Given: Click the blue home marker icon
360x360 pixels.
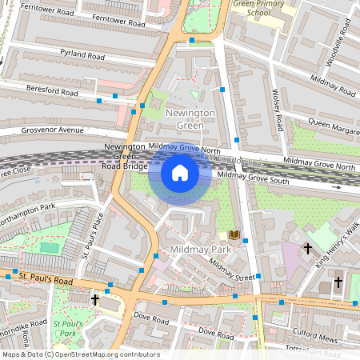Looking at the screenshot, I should click(180, 173).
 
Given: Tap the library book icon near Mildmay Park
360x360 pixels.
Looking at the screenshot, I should click(233, 235).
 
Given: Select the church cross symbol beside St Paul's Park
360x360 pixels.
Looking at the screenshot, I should click(95, 299).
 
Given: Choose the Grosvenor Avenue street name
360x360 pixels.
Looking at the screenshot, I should click(54, 130).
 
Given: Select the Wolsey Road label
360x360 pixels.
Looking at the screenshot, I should click(278, 111).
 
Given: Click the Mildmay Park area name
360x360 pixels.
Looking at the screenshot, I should click(200, 250).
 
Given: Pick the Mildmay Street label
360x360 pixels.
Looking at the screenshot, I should click(231, 270).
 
